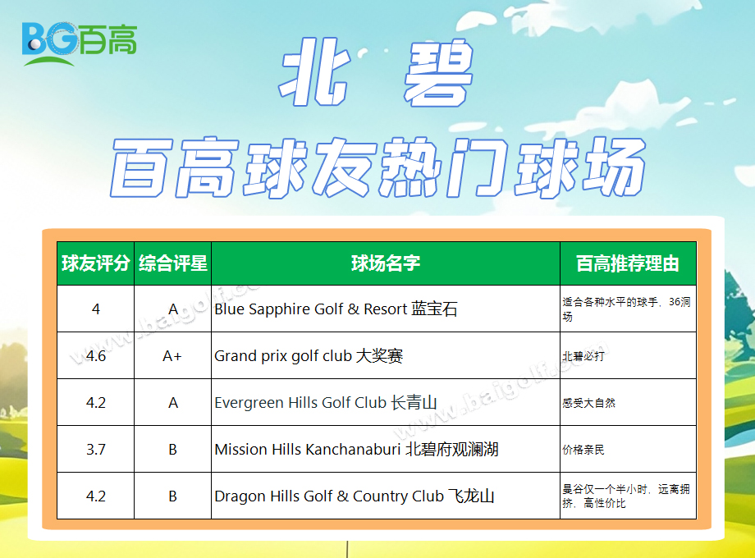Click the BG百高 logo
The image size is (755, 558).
coord(80,43)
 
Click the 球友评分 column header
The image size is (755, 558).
coord(96,263)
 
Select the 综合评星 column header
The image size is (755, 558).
coord(173,263)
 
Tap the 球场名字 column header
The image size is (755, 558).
coord(386,263)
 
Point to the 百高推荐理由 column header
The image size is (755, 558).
coord(628,263)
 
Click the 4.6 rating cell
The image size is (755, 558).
coord(96,356)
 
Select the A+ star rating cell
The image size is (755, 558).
coord(172,356)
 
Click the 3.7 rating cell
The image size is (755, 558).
coord(96,449)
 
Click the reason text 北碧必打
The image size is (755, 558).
coord(583,356)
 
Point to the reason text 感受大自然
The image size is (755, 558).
coord(589,403)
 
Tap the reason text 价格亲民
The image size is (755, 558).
coord(583,450)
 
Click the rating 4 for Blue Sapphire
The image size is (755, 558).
coord(96,309)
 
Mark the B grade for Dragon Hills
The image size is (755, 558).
coord(173,496)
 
